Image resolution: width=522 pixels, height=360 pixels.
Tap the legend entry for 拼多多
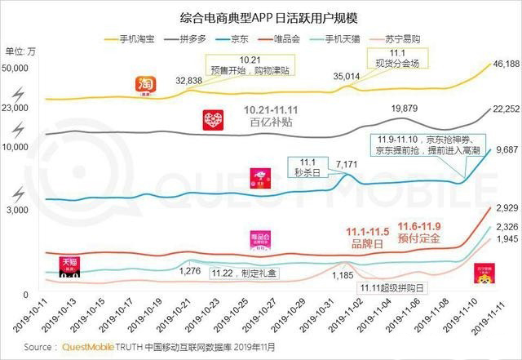pyautogui.click(x=194, y=38)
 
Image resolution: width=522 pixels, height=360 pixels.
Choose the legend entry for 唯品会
pyautogui.click(x=306, y=38)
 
